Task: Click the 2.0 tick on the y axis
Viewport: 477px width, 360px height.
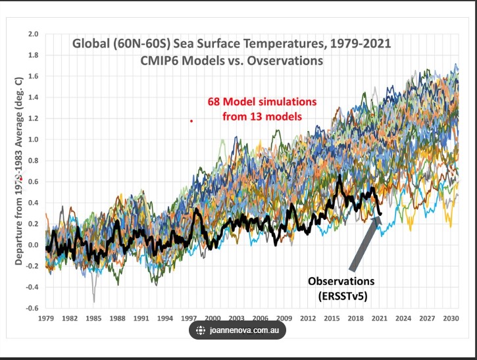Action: click(33, 34)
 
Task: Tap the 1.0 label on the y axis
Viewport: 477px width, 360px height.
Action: click(33, 140)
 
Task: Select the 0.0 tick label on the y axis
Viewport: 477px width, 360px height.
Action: click(33, 245)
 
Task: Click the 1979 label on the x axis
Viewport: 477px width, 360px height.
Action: click(46, 318)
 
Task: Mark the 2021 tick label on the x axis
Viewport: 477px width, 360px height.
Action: click(380, 318)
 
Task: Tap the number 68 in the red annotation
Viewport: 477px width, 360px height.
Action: click(213, 102)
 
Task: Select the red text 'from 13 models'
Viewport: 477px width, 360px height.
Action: click(261, 116)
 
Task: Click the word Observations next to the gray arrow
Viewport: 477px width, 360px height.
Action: click(342, 281)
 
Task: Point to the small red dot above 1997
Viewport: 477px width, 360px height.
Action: click(191, 121)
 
